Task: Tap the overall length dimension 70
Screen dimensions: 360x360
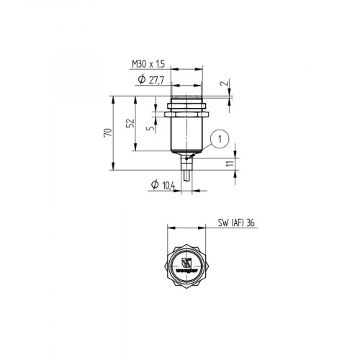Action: click(109, 133)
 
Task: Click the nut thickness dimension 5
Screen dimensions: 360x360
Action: click(149, 130)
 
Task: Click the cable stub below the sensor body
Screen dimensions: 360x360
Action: click(187, 171)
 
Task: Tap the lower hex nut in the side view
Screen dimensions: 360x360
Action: click(187, 112)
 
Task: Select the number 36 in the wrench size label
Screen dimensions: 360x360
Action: click(250, 223)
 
